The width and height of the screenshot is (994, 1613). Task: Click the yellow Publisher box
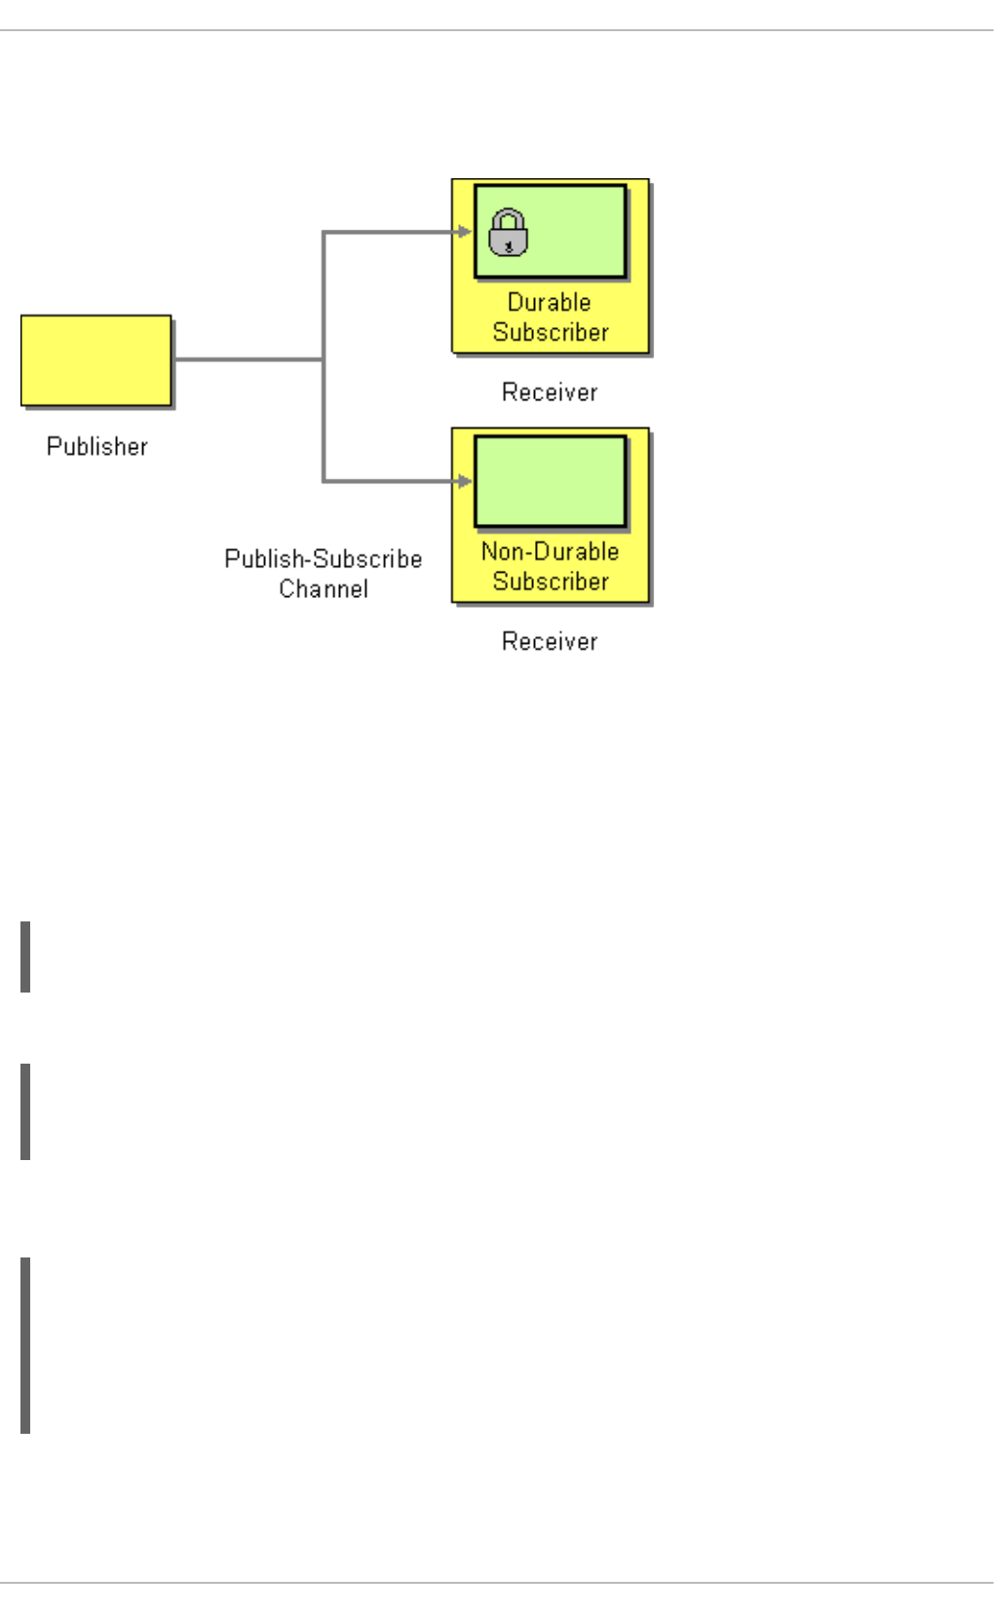[96, 359]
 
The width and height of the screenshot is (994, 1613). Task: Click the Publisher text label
[97, 446]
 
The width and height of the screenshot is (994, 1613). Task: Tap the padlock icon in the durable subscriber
[508, 233]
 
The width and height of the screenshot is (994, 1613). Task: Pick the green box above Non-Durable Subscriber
[551, 481]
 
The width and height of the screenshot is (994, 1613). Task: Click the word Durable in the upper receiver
[550, 302]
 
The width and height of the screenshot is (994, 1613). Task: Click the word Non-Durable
[550, 551]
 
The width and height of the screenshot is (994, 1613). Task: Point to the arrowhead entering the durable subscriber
[465, 232]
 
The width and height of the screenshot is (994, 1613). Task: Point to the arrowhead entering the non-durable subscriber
[465, 480]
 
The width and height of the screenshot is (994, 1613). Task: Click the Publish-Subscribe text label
[323, 559]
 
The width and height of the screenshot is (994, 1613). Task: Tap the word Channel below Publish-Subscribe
[324, 588]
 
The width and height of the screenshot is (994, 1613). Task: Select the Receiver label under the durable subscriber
[550, 392]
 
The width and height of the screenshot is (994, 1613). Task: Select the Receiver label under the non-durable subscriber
[550, 641]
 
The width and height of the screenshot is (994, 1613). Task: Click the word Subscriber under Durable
[551, 332]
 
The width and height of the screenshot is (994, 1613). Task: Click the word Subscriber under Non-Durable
[551, 581]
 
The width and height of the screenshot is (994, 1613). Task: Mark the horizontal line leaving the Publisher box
[248, 359]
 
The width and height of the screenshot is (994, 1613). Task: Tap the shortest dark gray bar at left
[25, 957]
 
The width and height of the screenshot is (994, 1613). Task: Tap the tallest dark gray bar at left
[25, 1345]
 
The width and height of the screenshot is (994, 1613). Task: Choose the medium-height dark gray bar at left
[25, 1111]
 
